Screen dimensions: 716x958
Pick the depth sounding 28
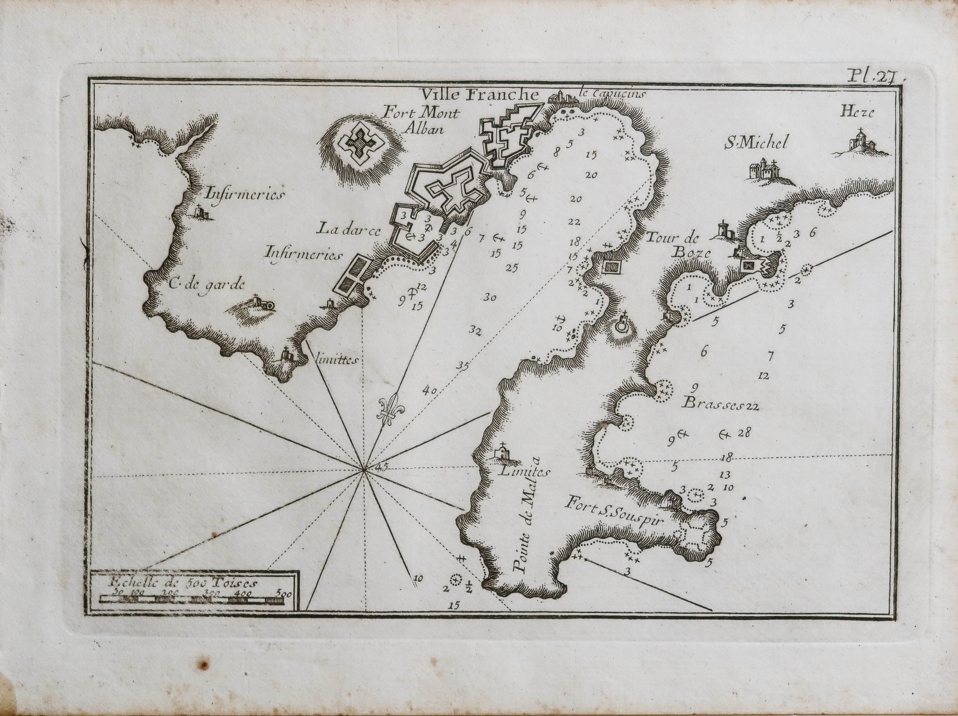click(x=745, y=432)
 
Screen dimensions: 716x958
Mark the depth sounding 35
click(x=463, y=366)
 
